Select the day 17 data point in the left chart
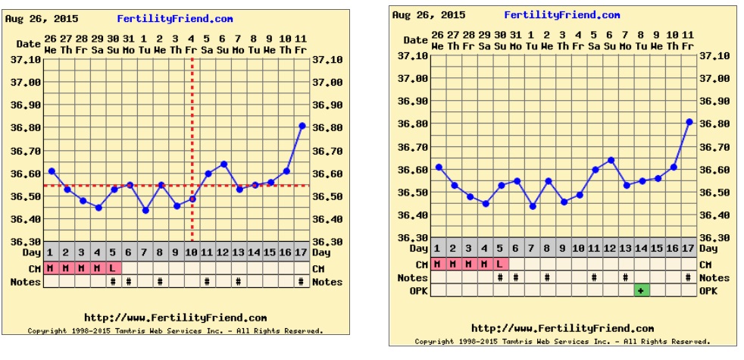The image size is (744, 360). tap(302, 126)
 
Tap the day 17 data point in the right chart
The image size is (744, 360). tap(689, 121)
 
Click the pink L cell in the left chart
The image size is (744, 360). tap(113, 268)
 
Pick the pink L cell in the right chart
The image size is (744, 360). tap(500, 264)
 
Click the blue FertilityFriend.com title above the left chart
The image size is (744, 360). tap(175, 19)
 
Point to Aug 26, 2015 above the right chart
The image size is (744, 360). tap(429, 14)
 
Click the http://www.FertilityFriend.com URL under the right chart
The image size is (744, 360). tap(562, 328)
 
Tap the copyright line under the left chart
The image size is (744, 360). tap(175, 330)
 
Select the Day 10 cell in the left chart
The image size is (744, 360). tap(192, 252)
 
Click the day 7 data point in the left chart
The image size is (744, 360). tap(145, 210)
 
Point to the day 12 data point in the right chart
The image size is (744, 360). tap(611, 160)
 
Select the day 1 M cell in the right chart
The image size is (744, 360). tap(437, 264)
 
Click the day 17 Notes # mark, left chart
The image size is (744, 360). tap(302, 282)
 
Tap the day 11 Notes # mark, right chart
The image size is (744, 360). tap(595, 277)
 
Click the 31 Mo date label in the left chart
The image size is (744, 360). tap(129, 44)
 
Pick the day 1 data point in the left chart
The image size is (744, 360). tap(52, 171)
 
